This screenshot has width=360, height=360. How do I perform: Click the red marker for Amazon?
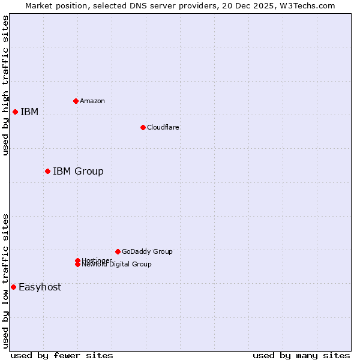[76, 101]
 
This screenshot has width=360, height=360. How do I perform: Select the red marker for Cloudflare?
[143, 127]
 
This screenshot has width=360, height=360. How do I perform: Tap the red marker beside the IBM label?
[15, 112]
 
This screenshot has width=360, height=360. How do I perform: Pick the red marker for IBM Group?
[47, 171]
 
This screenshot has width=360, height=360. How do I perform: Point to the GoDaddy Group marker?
[118, 251]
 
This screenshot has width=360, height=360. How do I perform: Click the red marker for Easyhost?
[13, 287]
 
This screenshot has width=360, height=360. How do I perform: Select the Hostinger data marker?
[77, 260]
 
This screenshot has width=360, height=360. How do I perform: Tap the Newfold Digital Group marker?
[77, 264]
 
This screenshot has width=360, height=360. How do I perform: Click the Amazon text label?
[92, 101]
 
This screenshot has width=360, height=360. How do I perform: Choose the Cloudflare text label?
[163, 127]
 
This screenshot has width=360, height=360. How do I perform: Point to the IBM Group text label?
[78, 172]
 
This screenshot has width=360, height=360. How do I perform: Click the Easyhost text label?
[40, 287]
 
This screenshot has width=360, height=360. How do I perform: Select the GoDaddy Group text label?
[147, 251]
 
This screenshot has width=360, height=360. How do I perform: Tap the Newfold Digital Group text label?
[116, 265]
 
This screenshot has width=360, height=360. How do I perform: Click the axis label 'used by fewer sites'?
[62, 355]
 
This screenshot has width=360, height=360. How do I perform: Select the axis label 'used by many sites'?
[301, 355]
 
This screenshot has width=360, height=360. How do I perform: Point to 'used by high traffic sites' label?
[5, 85]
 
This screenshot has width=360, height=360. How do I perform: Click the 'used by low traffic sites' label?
[5, 281]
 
